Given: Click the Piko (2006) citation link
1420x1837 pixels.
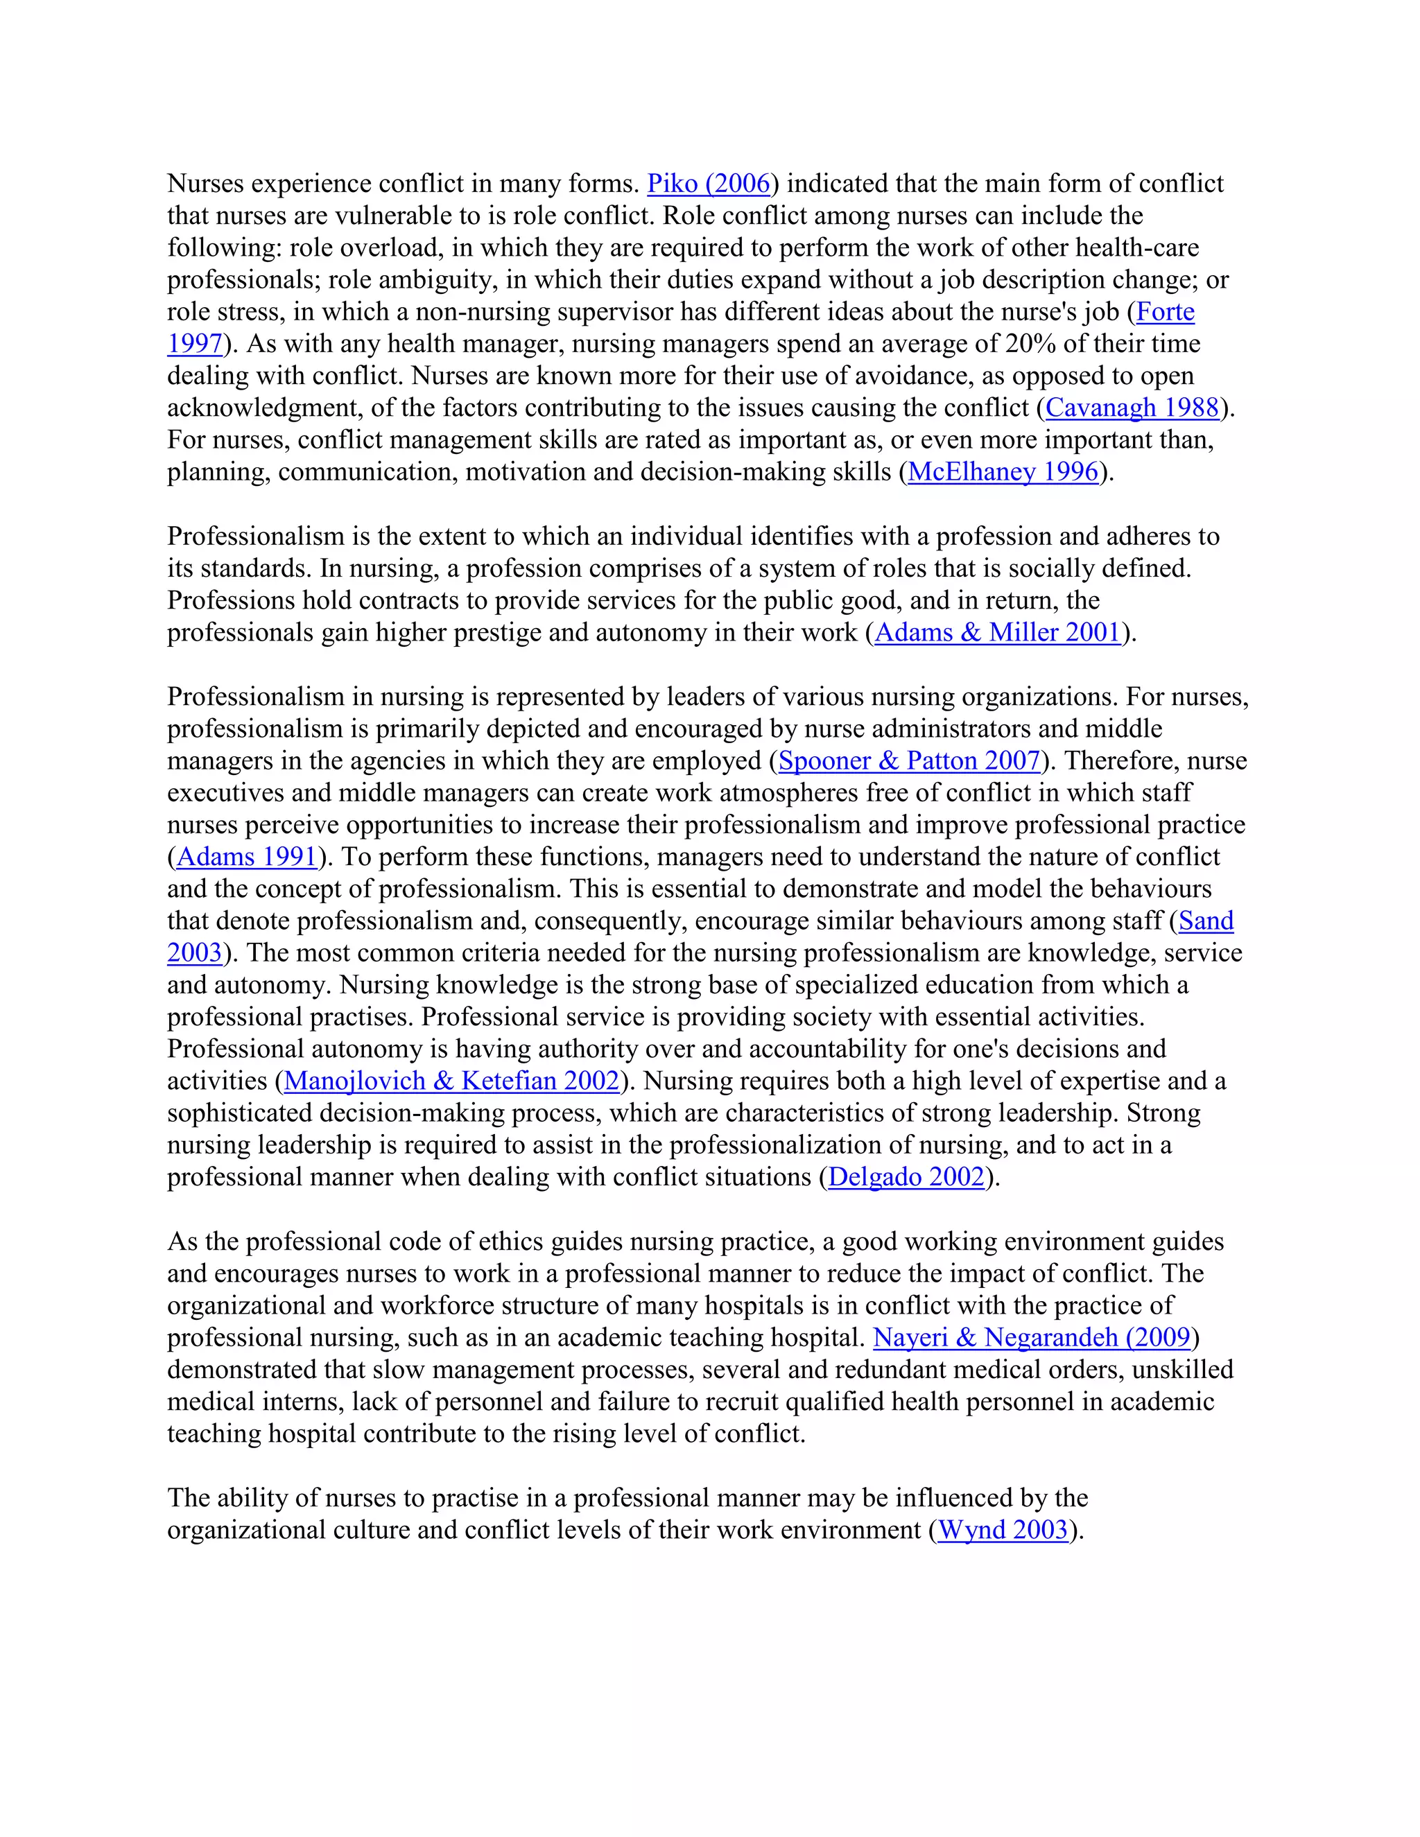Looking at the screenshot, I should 709,184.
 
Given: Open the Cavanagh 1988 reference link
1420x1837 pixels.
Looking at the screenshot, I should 1132,408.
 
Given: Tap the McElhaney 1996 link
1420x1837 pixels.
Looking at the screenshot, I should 1003,472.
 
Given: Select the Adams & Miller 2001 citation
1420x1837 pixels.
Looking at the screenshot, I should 998,632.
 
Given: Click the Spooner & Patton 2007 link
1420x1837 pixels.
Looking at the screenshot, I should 910,760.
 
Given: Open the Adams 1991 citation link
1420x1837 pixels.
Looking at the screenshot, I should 246,857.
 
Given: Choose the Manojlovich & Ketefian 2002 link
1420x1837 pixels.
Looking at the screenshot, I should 452,1081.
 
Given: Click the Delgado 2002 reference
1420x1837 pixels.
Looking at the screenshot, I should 906,1177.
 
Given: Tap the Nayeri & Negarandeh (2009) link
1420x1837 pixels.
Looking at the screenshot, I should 1032,1337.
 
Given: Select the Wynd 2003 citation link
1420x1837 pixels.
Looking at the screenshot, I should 1002,1530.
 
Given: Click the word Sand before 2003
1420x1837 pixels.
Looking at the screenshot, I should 1206,921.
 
